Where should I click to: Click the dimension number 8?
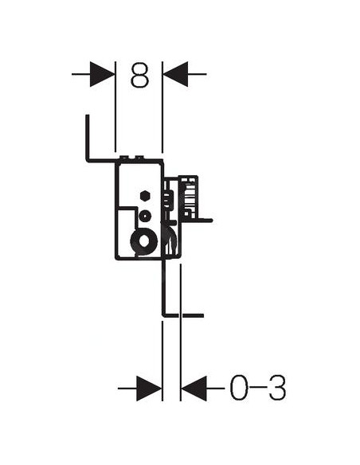(x=139, y=74)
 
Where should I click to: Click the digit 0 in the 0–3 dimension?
(x=239, y=388)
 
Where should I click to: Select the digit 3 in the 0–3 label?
(x=277, y=388)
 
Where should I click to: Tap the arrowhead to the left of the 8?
(x=102, y=74)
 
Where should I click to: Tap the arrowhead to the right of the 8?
(x=175, y=74)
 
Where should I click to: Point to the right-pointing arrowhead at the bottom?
(x=149, y=389)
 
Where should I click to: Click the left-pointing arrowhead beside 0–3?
(x=194, y=389)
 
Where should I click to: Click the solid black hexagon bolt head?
(x=145, y=196)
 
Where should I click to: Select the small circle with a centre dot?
(x=145, y=216)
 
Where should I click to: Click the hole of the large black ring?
(x=145, y=242)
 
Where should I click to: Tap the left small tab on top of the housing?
(x=124, y=157)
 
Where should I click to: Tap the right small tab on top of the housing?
(x=139, y=157)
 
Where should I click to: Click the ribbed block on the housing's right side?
(x=188, y=197)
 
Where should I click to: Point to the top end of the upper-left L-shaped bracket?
(x=87, y=115)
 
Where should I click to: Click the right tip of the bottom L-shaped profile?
(x=202, y=315)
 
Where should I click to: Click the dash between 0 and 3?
(x=258, y=387)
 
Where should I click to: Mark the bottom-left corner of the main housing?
(x=116, y=259)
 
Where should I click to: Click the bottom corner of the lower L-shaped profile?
(x=163, y=315)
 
